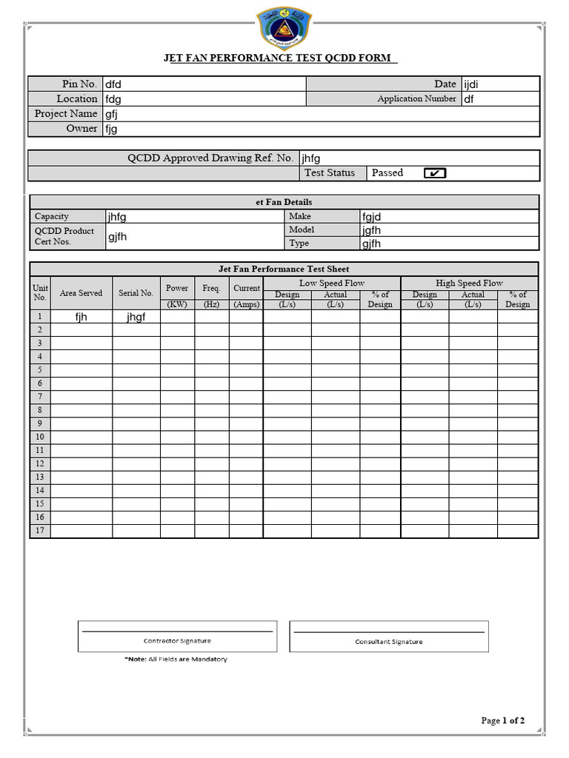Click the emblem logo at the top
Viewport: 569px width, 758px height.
284,27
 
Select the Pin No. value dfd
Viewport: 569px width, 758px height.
113,84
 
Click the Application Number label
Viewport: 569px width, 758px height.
416,98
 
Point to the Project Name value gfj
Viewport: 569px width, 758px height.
112,114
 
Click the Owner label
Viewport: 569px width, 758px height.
81,129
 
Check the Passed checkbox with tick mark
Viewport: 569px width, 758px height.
435,173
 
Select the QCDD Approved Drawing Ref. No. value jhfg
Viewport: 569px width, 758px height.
311,158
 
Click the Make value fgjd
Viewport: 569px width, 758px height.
372,217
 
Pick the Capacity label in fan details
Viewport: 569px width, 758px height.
52,216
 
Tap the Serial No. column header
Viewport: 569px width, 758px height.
136,293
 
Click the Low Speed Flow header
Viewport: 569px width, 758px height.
332,283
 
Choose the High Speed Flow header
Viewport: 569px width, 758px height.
469,283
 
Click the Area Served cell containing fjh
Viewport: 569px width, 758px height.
81,317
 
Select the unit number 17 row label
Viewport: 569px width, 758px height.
40,531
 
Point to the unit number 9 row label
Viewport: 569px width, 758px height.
40,423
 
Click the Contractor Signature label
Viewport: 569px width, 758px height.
177,641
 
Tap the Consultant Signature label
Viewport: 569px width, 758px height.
389,642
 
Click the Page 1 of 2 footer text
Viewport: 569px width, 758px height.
503,720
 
